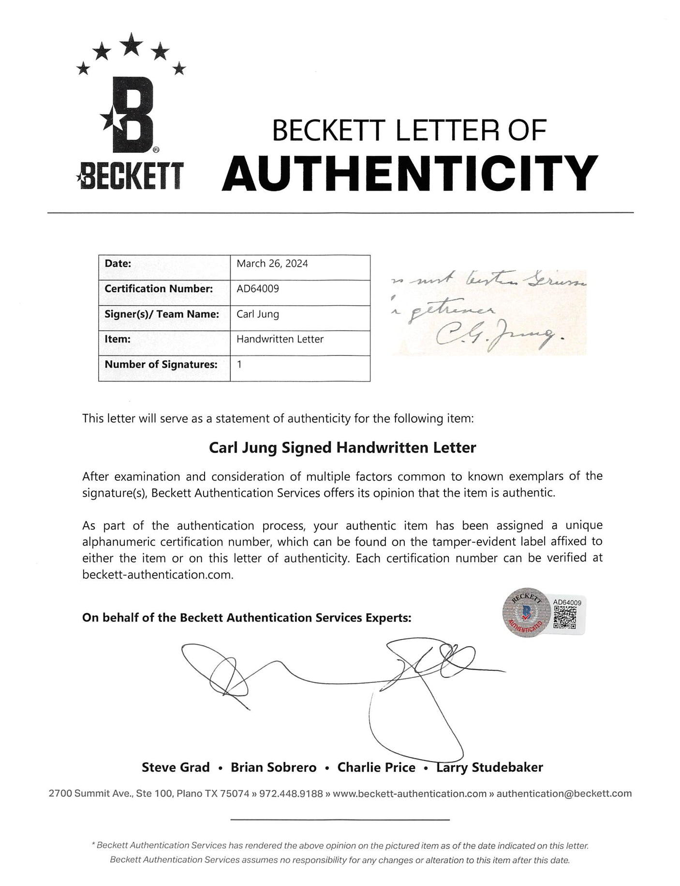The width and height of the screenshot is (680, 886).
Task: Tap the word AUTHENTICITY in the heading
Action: pyautogui.click(x=410, y=173)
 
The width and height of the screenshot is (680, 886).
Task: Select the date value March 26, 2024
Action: pyautogui.click(x=272, y=264)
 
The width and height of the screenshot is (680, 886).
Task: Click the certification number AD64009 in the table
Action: pyautogui.click(x=257, y=289)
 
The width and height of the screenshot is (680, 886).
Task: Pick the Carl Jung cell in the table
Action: pyautogui.click(x=257, y=314)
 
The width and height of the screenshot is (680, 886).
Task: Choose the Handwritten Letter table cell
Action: pyautogui.click(x=280, y=339)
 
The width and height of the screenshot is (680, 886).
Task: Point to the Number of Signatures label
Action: pyautogui.click(x=161, y=364)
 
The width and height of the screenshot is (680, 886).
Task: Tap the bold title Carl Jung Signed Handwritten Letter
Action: pyautogui.click(x=342, y=448)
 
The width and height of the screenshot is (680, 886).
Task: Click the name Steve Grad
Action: pyautogui.click(x=176, y=768)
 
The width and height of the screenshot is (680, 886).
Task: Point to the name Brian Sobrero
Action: pyautogui.click(x=273, y=768)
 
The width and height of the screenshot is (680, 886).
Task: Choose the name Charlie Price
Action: pyautogui.click(x=376, y=768)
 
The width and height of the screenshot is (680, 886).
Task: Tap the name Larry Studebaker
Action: pyautogui.click(x=489, y=768)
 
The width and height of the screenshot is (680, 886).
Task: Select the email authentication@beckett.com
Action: pyautogui.click(x=564, y=794)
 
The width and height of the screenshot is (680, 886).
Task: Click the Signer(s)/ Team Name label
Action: pyautogui.click(x=162, y=314)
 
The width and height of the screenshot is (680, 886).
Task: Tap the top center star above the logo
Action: pyautogui.click(x=131, y=46)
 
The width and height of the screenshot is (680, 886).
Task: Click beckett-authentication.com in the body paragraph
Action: pyautogui.click(x=157, y=575)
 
